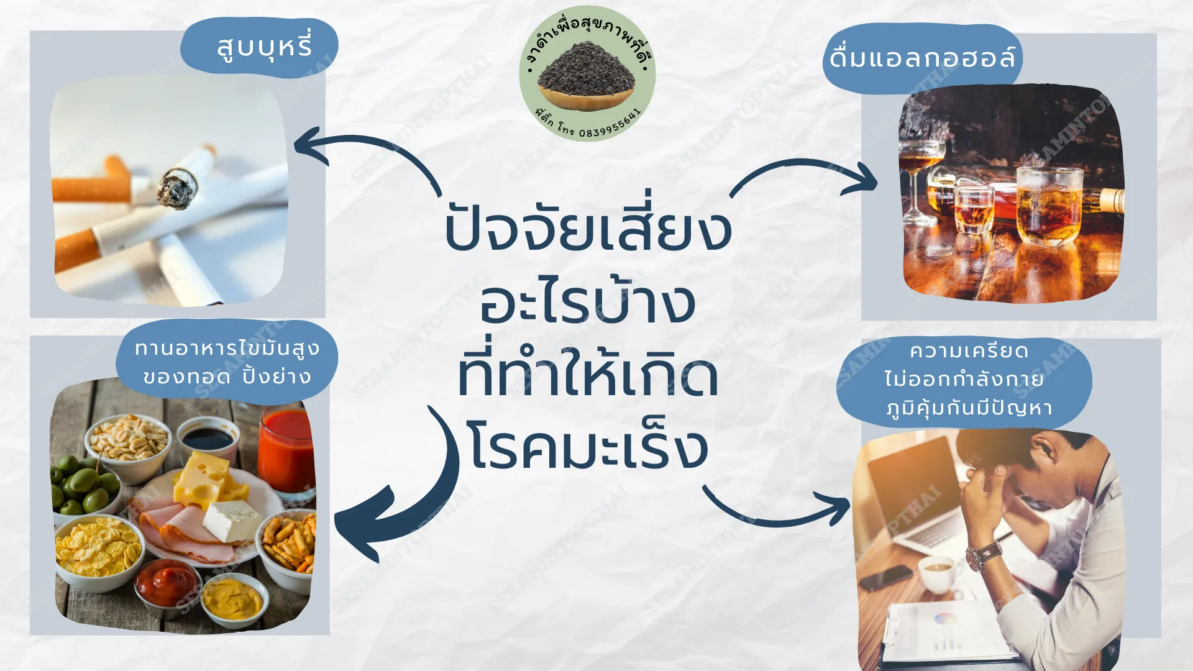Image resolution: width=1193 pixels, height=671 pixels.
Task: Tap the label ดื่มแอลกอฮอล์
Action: (x=923, y=58)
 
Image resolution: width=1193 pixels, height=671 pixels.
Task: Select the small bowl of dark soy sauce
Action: (x=208, y=439)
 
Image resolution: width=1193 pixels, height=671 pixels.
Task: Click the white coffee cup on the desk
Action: (x=938, y=572)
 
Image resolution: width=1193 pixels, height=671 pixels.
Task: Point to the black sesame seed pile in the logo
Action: (x=587, y=68)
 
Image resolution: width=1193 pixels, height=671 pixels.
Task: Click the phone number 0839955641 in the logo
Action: (x=610, y=124)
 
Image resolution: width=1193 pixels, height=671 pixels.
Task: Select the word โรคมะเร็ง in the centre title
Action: (x=588, y=445)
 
